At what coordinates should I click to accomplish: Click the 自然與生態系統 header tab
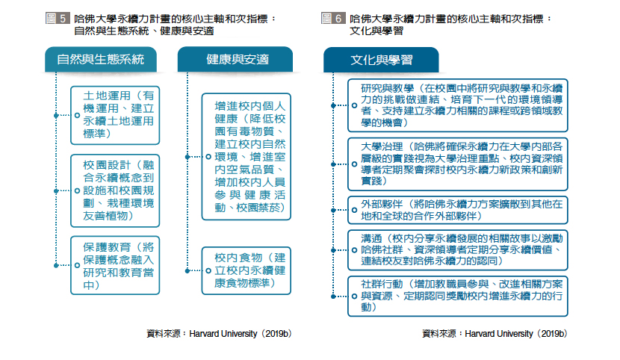[x=101, y=59]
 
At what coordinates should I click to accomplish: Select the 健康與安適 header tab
[x=235, y=59]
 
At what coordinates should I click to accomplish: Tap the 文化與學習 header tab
[x=381, y=60]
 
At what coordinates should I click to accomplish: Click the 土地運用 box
[x=115, y=115]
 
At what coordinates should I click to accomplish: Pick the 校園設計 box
[x=115, y=191]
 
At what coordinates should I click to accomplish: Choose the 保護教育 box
[x=115, y=266]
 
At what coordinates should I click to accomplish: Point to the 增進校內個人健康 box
[x=247, y=157]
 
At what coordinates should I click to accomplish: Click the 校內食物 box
[x=247, y=270]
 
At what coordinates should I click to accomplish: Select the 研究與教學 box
[x=458, y=105]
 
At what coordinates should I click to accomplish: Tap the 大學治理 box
[x=458, y=164]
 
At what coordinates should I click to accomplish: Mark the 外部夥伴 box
[x=458, y=210]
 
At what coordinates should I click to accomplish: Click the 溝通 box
[x=458, y=250]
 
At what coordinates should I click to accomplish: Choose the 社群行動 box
[x=458, y=297]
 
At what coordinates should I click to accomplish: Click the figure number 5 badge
[x=58, y=18]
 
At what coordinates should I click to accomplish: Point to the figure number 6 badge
[x=333, y=18]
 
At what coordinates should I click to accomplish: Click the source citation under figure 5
[x=219, y=334]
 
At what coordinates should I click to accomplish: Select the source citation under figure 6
[x=495, y=334]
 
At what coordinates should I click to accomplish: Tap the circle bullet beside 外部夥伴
[x=354, y=210]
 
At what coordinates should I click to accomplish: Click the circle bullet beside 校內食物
[x=208, y=270]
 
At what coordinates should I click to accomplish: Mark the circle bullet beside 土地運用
[x=77, y=115]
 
